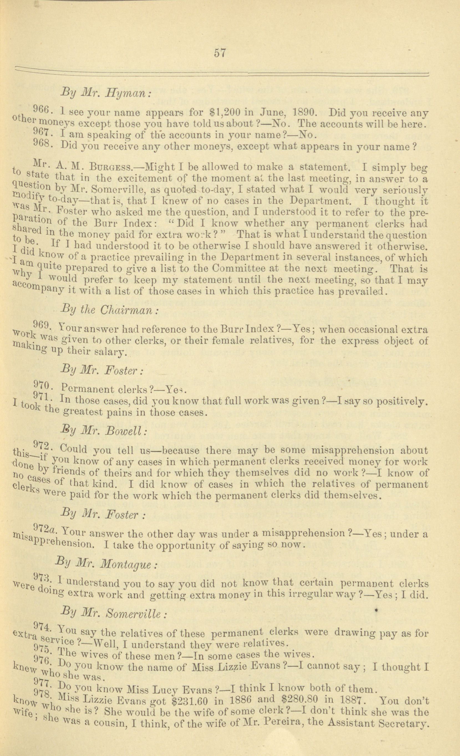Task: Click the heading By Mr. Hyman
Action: click(x=105, y=92)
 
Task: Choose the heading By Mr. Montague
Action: click(x=107, y=564)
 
